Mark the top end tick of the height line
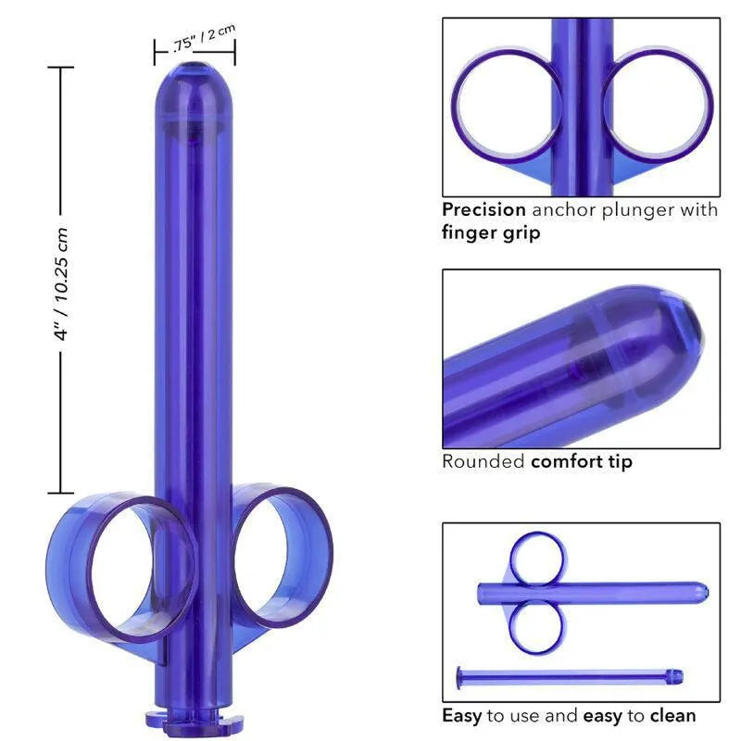[61, 68]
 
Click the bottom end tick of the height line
[61, 493]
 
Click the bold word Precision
[484, 210]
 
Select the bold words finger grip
[491, 232]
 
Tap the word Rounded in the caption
[483, 460]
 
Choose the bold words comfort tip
[582, 460]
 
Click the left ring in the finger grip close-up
[506, 103]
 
